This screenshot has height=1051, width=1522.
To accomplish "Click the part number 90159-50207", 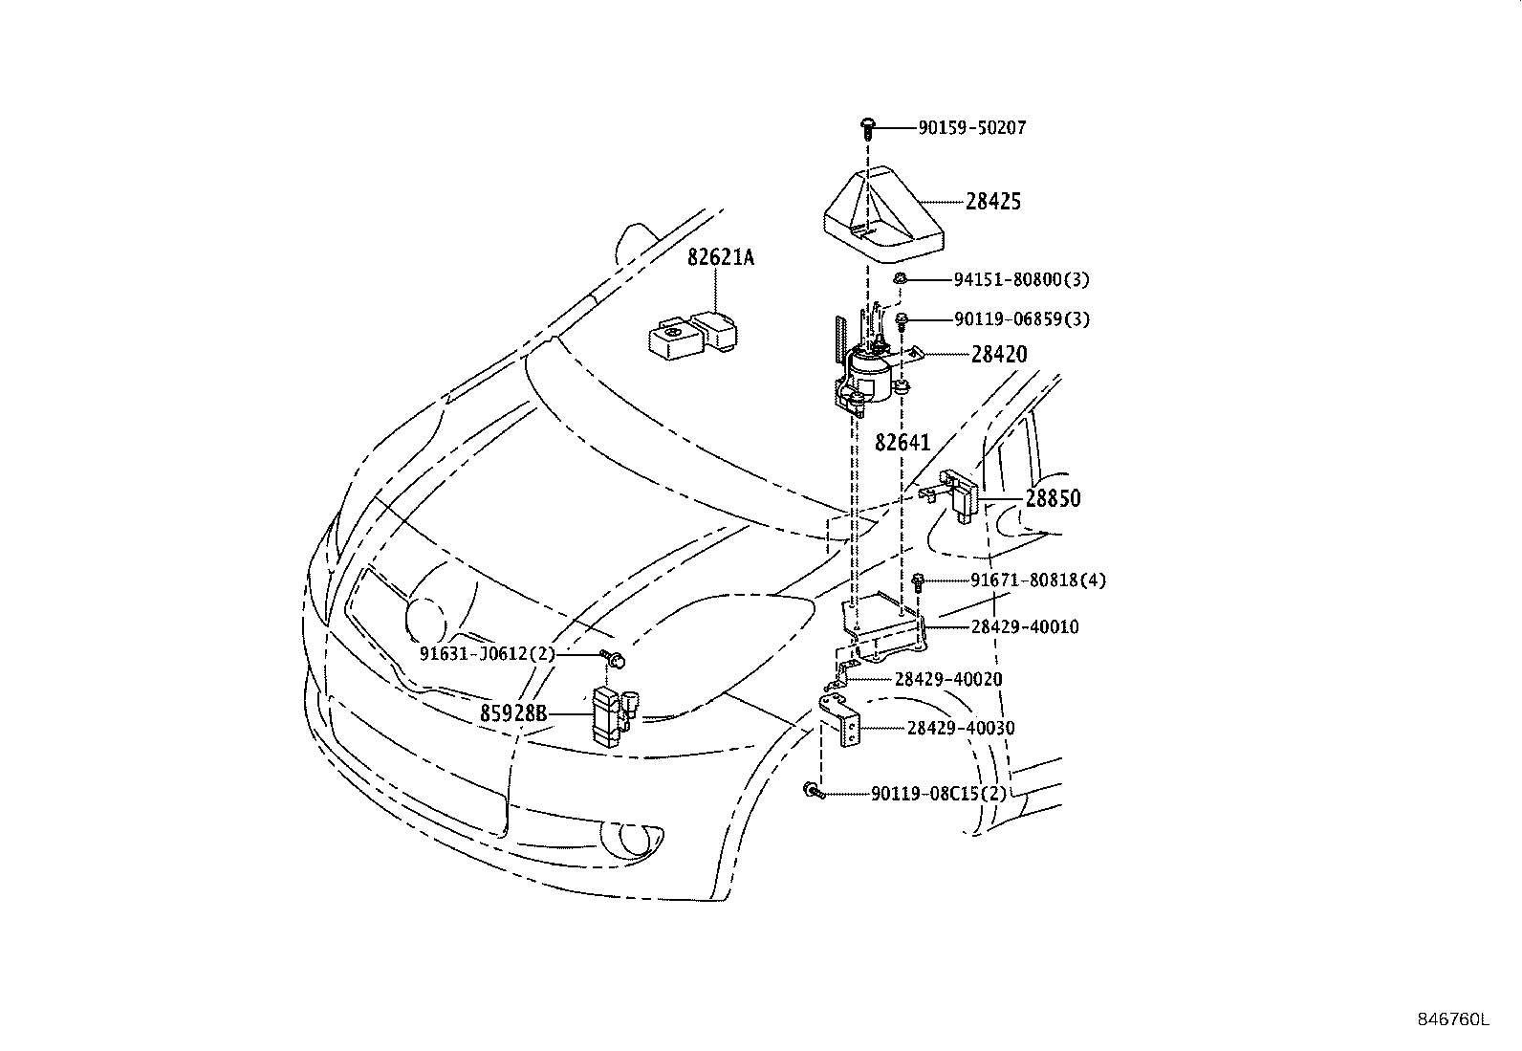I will (x=972, y=127).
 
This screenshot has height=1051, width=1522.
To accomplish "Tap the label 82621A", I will (x=721, y=257).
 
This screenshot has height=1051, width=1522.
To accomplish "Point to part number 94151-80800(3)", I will (x=1021, y=279).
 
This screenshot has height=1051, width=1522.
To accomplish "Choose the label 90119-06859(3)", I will (x=1021, y=318).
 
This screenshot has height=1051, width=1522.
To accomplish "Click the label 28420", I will (x=999, y=354).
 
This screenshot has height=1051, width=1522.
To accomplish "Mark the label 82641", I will (x=902, y=443).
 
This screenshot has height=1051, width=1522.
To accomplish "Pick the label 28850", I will (x=1054, y=498).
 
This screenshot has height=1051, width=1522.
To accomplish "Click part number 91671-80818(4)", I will (x=1038, y=580).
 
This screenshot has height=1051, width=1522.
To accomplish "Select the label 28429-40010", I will (x=1025, y=626).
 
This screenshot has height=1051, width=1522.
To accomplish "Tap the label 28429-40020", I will (x=948, y=679).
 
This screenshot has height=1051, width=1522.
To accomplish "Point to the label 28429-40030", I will (x=961, y=728).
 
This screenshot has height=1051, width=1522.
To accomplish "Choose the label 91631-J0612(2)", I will (x=488, y=653).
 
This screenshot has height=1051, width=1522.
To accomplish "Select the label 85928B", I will (x=513, y=713).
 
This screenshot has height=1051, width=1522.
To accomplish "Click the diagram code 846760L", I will (x=1452, y=1019).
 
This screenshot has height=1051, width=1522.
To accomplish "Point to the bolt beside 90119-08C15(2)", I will (x=814, y=790).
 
